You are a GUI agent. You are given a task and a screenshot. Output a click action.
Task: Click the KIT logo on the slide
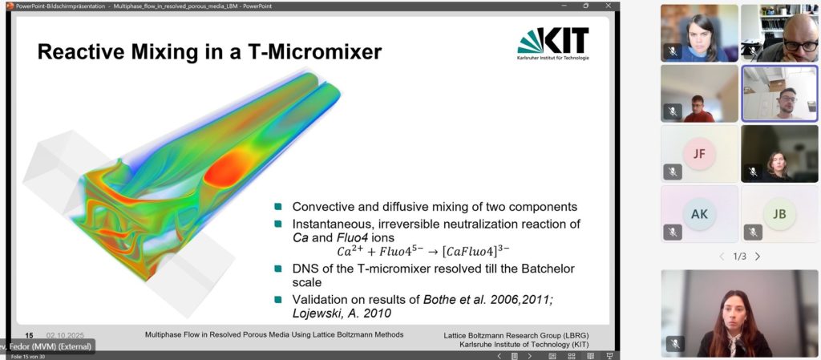pyautogui.click(x=553, y=43)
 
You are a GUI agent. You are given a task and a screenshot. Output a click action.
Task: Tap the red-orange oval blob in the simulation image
pyautogui.click(x=228, y=167)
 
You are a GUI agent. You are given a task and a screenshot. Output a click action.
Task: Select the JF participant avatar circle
pyautogui.click(x=699, y=153)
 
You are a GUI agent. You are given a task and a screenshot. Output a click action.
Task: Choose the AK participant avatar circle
pyautogui.click(x=699, y=213)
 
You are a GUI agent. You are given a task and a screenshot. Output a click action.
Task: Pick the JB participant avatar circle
pyautogui.click(x=779, y=213)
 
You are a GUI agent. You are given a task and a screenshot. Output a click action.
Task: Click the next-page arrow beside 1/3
pyautogui.click(x=757, y=257)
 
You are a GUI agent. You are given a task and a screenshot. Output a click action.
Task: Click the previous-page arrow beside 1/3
pyautogui.click(x=722, y=257)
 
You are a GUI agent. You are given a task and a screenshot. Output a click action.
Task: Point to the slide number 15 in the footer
pyautogui.click(x=30, y=335)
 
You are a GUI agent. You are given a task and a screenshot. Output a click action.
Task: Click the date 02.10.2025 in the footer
pyautogui.click(x=65, y=335)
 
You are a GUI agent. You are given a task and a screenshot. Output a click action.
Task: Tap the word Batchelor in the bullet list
pyautogui.click(x=548, y=269)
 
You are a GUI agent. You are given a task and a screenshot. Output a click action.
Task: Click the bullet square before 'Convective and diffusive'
pyautogui.click(x=278, y=207)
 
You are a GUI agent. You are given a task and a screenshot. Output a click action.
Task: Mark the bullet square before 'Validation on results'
pyautogui.click(x=278, y=300)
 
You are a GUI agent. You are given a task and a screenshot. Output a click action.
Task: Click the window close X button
pyautogui.click(x=608, y=6)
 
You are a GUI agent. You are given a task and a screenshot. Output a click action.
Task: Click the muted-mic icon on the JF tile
pyautogui.click(x=673, y=172)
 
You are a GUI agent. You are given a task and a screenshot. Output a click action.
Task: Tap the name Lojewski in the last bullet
pyautogui.click(x=314, y=313)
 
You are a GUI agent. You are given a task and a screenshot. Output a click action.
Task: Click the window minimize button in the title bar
pyautogui.click(x=564, y=6)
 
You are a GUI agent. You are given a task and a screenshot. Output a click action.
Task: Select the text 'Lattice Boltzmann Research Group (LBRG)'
pyautogui.click(x=516, y=335)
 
